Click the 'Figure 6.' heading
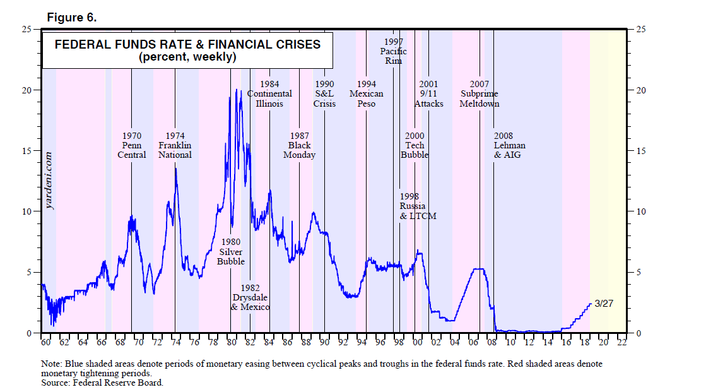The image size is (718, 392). coord(72,18)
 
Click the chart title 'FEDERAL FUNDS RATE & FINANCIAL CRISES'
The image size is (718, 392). coord(187,45)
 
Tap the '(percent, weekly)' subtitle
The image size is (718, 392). coord(187,57)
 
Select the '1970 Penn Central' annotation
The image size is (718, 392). coord(132,145)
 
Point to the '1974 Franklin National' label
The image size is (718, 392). coord(175,145)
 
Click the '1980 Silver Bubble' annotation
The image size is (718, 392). coord(230,251)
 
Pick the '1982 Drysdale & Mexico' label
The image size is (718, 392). coord(250,297)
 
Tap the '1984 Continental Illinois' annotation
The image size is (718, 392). coord(269,94)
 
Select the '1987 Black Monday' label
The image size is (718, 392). coord(299,145)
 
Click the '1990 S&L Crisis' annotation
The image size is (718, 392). coord(324,94)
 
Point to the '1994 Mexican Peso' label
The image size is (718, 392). coord(367,94)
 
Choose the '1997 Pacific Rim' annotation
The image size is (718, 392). coord(393,51)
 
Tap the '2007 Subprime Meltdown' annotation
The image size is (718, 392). coord(480,94)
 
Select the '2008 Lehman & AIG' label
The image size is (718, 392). coord(509,145)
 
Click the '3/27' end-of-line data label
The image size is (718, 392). coord(604,304)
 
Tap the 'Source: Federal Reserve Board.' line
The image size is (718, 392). coord(102,383)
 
